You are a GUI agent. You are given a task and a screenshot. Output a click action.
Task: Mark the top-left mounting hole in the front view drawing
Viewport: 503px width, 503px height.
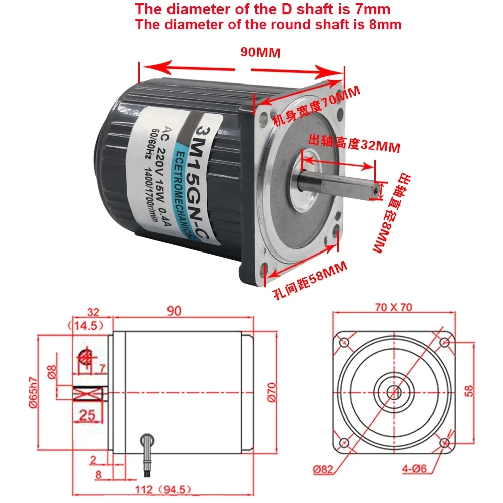345,343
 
